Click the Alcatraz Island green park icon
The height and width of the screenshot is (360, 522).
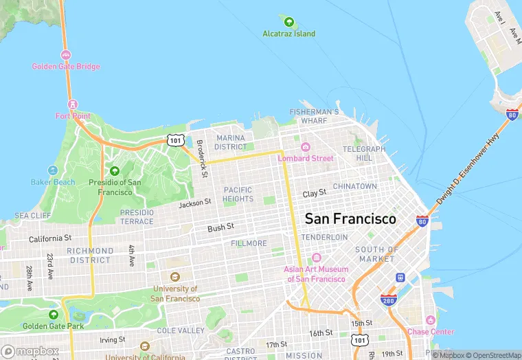pos(288,22)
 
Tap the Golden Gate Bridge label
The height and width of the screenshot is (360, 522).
pos(65,67)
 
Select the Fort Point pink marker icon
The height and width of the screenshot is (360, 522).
pos(73,104)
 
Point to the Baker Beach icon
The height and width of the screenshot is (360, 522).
pos(53,170)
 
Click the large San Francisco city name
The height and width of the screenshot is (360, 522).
pos(350,219)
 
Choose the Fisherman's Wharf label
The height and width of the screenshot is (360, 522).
pos(314,115)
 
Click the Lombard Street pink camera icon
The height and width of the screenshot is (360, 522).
pos(306,147)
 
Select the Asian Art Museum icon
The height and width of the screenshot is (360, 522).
pos(316,258)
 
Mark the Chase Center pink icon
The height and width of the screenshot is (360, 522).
pos(430,321)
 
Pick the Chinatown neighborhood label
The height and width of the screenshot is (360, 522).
pos(354,186)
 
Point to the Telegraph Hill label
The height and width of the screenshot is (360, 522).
pos(364,153)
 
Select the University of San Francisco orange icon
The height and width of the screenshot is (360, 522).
pos(175,277)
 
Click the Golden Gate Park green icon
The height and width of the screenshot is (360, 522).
pos(54,315)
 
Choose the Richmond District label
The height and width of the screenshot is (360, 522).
pos(90,255)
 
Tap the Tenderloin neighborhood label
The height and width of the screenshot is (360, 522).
pos(325,236)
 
